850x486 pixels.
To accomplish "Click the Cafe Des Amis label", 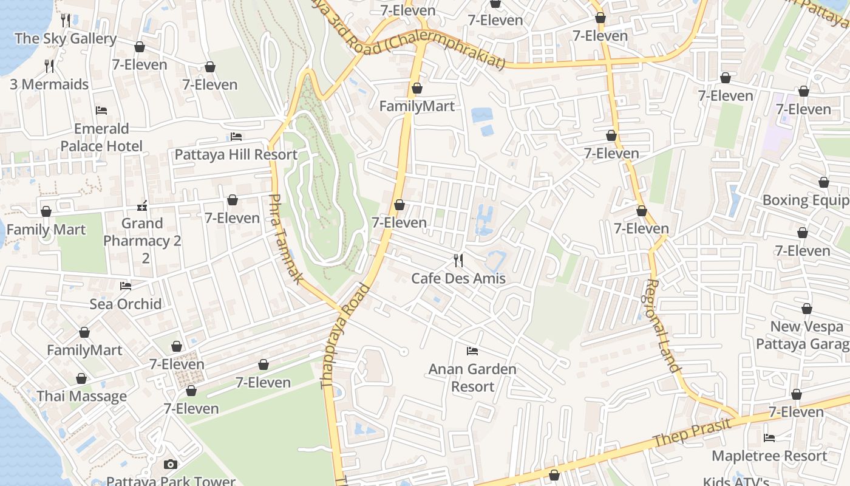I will [458, 279].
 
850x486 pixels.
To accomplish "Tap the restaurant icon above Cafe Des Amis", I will [458, 261].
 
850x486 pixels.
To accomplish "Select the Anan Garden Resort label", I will [472, 378].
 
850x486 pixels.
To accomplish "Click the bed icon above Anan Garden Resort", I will [472, 351].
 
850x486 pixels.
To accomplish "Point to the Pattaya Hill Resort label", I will [236, 154].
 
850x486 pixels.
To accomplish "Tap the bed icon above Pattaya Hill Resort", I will [236, 137].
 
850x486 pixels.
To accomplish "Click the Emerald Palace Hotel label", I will [101, 137].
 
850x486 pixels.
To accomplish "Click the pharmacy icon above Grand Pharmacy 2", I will [142, 205].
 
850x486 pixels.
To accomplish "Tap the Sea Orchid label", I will [126, 304].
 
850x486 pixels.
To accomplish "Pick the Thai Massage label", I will [82, 396].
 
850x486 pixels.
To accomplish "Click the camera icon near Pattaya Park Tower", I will [171, 464].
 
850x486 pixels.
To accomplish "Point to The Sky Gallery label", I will [66, 38].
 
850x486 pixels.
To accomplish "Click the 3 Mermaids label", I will [49, 84].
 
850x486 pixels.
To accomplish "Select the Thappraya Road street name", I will [345, 335].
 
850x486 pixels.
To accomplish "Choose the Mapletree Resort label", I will [769, 456].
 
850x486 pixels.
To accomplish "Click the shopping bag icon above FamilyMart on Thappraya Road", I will [416, 89].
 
